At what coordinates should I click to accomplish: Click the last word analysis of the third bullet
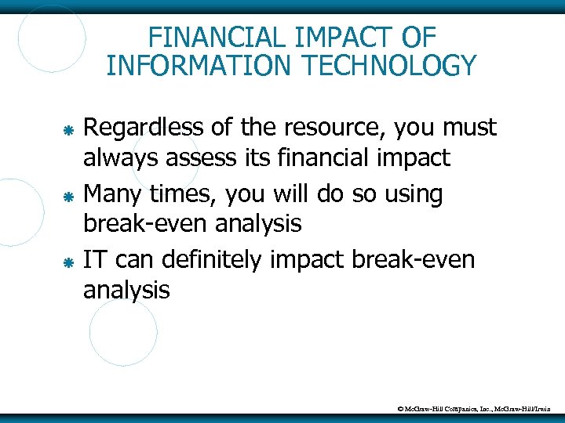click(x=126, y=291)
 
